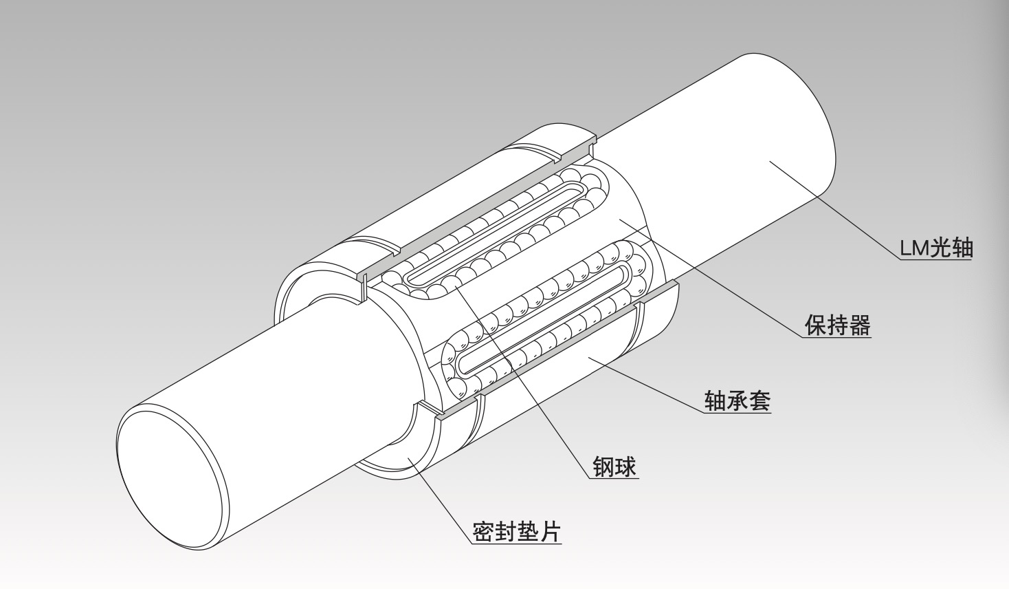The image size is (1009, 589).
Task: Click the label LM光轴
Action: [x=936, y=248]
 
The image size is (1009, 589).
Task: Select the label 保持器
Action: [x=838, y=325]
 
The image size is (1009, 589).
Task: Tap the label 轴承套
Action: [x=738, y=400]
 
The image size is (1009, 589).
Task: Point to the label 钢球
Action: [x=614, y=467]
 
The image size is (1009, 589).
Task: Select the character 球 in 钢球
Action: [x=625, y=467]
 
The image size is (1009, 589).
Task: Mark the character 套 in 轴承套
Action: [x=759, y=400]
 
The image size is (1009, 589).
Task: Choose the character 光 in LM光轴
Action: [x=942, y=248]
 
